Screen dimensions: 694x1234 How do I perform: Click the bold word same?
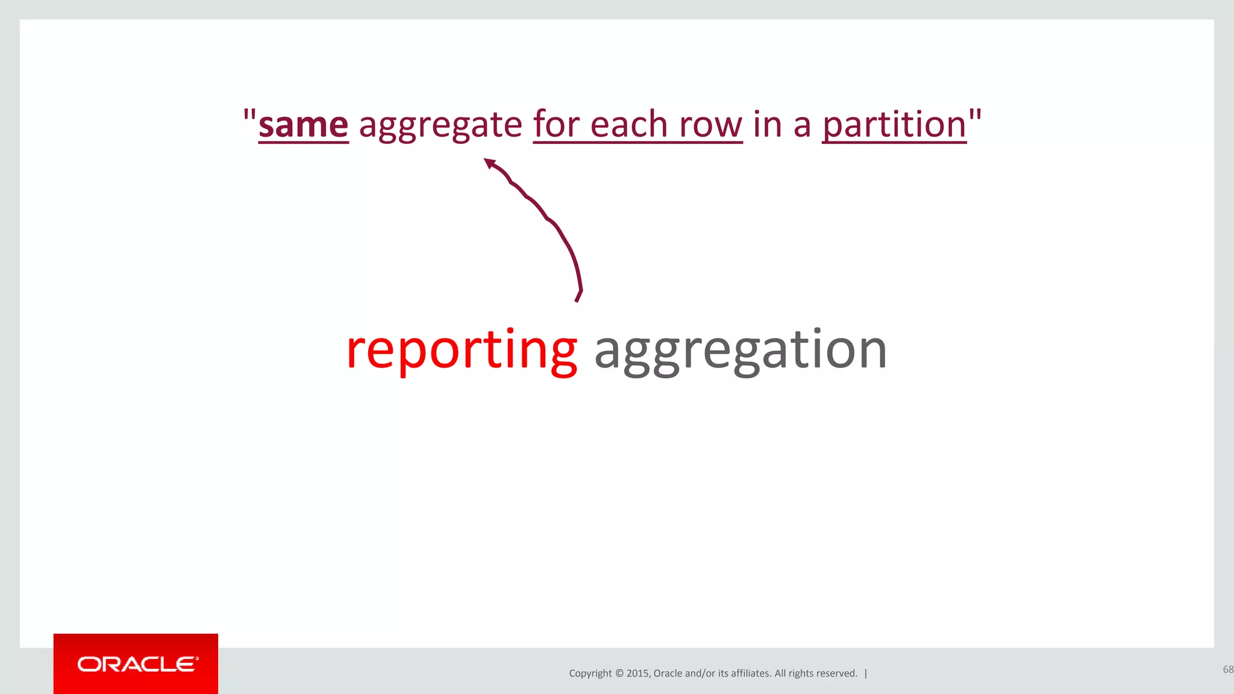pos(303,125)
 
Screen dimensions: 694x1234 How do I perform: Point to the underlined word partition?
pos(894,125)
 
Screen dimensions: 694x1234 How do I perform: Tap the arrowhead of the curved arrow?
pos(490,163)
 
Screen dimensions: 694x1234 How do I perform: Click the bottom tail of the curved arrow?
pos(578,296)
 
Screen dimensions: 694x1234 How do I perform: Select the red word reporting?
pos(462,351)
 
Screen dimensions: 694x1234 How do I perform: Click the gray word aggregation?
pos(741,351)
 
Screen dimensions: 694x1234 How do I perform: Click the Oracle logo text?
pos(137,664)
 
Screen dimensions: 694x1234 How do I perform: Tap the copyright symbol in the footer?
pos(619,674)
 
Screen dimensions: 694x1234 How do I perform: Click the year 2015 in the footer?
pos(637,674)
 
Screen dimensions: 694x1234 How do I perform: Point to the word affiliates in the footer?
pos(750,674)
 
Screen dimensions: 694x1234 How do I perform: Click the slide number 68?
pos(1227,669)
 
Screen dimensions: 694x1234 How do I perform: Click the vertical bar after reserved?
pos(866,674)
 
